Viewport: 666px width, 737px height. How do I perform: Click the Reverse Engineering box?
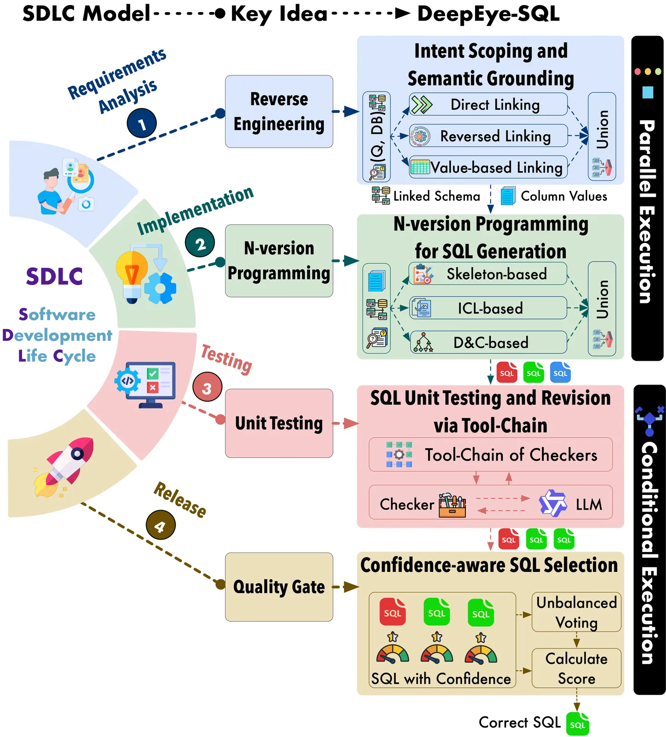pyautogui.click(x=279, y=112)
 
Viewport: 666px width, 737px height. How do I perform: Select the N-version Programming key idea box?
pyautogui.click(x=279, y=261)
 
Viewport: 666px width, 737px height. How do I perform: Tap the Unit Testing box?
pyautogui.click(x=279, y=423)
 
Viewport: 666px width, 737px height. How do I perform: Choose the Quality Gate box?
pyautogui.click(x=279, y=587)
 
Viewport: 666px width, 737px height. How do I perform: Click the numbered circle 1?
pyautogui.click(x=142, y=123)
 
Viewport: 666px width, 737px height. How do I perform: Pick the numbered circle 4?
pyautogui.click(x=161, y=525)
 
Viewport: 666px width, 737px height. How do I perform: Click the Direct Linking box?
pyautogui.click(x=488, y=105)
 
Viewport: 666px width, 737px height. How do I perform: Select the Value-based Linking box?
pyautogui.click(x=488, y=167)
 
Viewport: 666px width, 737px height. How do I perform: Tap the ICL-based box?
pyautogui.click(x=488, y=308)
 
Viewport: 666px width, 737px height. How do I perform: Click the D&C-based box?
pyautogui.click(x=488, y=342)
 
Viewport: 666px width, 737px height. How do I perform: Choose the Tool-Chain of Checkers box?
pyautogui.click(x=490, y=455)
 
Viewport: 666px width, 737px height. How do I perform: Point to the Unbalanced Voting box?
pyautogui.click(x=576, y=612)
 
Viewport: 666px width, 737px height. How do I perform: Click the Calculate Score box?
pyautogui.click(x=576, y=668)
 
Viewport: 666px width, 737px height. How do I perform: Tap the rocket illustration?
pyautogui.click(x=65, y=466)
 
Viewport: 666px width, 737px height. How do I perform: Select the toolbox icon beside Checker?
pyautogui.click(x=452, y=505)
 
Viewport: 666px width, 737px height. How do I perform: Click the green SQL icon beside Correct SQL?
pyautogui.click(x=577, y=724)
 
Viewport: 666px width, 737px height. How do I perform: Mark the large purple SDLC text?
pyautogui.click(x=54, y=277)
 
